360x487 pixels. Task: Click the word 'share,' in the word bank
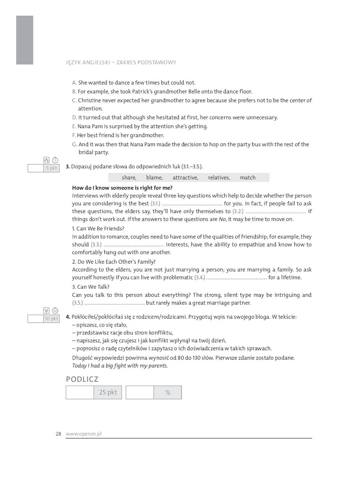click(x=129, y=178)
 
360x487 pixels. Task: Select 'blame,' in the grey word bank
click(x=154, y=178)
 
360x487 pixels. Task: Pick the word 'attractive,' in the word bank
click(x=185, y=178)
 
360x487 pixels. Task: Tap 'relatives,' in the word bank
click(x=219, y=178)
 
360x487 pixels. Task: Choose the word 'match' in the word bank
click(x=248, y=178)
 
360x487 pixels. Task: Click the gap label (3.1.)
click(x=155, y=204)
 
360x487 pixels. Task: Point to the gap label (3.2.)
click(x=238, y=211)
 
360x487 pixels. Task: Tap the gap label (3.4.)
click(x=200, y=277)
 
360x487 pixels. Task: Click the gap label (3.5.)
click(x=78, y=303)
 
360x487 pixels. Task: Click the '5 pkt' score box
click(x=51, y=168)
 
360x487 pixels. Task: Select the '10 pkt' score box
click(x=51, y=319)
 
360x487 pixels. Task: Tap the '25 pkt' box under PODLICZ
click(x=108, y=392)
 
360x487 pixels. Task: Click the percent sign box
click(x=168, y=392)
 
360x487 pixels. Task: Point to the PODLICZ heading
click(x=82, y=379)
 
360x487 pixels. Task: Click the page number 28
click(x=58, y=434)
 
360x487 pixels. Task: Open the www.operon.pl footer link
click(x=84, y=434)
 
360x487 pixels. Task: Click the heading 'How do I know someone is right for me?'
click(x=122, y=188)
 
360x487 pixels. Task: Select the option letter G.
click(x=75, y=145)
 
